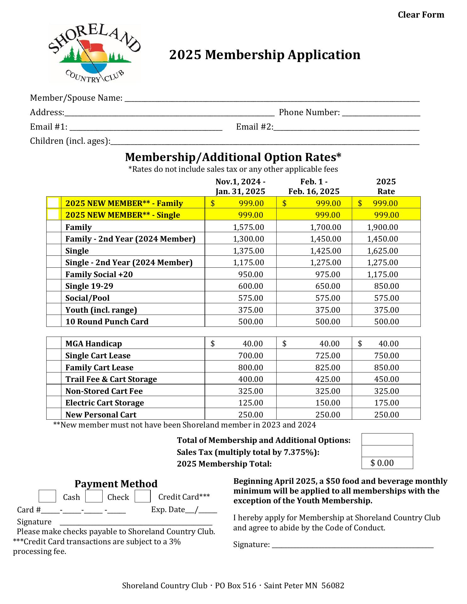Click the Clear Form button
(421, 15)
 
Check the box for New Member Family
(53, 203)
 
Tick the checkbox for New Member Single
(53, 215)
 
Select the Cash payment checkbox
(47, 496)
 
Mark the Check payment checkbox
(94, 496)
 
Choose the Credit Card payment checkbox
(143, 496)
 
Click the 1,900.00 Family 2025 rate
(382, 227)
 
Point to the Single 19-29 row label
(89, 286)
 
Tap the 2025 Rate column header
(386, 186)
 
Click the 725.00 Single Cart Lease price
(328, 355)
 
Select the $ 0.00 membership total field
(387, 463)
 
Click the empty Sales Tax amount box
(387, 451)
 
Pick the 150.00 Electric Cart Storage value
(328, 403)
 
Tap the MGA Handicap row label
(93, 344)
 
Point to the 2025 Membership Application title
(265, 55)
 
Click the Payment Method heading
(116, 484)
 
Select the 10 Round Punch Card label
(107, 322)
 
